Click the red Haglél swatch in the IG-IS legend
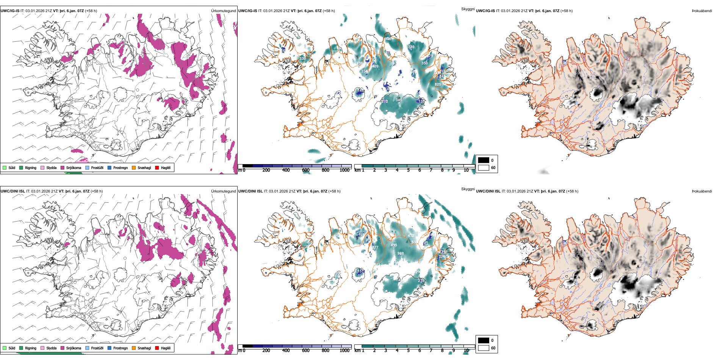pyautogui.click(x=157, y=168)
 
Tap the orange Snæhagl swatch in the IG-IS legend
pyautogui.click(x=134, y=168)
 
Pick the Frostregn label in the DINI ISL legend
pyautogui.click(x=120, y=348)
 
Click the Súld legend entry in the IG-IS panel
pyautogui.click(x=12, y=168)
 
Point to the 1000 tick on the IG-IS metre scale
pyautogui.click(x=344, y=170)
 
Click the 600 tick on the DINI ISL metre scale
pyautogui.click(x=306, y=351)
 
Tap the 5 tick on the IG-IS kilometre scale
pyautogui.click(x=408, y=170)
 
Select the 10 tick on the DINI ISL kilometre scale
pyautogui.click(x=466, y=351)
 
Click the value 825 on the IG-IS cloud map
pyautogui.click(x=438, y=85)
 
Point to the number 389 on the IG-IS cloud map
pyautogui.click(x=411, y=47)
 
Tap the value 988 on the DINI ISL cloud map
pyautogui.click(x=401, y=254)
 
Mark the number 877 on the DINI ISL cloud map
pyautogui.click(x=375, y=247)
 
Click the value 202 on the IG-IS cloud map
pyautogui.click(x=385, y=102)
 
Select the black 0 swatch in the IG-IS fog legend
pyautogui.click(x=484, y=160)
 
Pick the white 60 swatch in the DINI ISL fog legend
pyautogui.click(x=484, y=348)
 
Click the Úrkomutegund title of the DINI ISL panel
pyautogui.click(x=223, y=191)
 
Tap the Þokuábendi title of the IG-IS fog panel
pyautogui.click(x=701, y=11)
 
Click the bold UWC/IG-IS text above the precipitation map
pyautogui.click(x=10, y=11)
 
